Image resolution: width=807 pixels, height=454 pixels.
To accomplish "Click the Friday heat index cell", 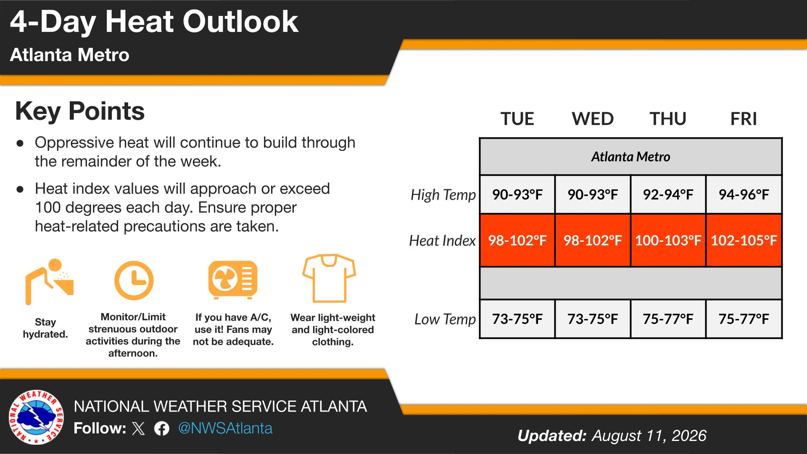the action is [x=744, y=240].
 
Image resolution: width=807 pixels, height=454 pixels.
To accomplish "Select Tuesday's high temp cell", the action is [x=517, y=195].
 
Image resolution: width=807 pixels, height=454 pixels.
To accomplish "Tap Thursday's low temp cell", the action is [x=668, y=319].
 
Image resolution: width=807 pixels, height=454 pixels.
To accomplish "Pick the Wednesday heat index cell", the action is [x=593, y=240].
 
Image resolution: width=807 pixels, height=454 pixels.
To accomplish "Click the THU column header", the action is [x=668, y=119].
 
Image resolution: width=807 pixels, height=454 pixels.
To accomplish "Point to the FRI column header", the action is [x=744, y=119].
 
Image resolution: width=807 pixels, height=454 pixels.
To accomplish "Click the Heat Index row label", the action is [x=442, y=240].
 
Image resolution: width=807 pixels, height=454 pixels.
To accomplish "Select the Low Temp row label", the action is [x=445, y=319].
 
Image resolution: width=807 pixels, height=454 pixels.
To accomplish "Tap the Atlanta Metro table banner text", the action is [x=630, y=157].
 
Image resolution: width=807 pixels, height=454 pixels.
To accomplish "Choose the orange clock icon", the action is [x=134, y=280].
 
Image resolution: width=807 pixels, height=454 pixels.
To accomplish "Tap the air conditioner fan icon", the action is [x=233, y=280].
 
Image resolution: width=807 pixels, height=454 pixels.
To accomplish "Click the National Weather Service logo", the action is [x=37, y=417].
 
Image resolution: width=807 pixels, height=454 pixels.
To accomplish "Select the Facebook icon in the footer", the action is [x=162, y=429].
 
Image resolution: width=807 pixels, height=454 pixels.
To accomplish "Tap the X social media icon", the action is [x=138, y=429].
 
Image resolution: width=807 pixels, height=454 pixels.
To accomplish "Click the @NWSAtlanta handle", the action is [x=225, y=428].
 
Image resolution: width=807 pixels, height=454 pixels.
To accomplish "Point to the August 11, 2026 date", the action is [x=649, y=436].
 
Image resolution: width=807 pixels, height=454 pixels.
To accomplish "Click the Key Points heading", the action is [x=80, y=111].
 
